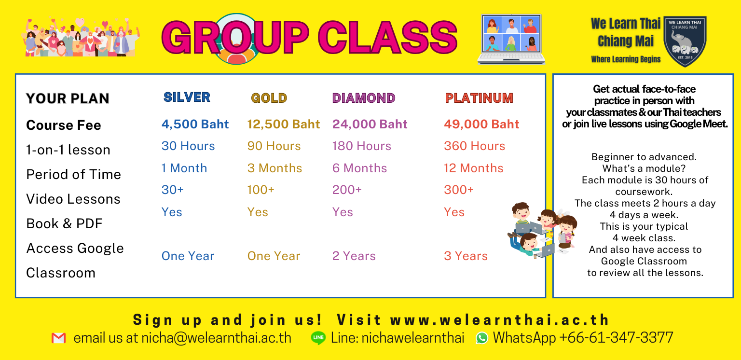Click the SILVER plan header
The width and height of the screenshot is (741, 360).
187,97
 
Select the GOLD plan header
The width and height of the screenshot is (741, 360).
269,98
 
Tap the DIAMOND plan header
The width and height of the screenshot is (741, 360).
364,98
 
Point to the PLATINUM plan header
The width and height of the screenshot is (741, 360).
479,98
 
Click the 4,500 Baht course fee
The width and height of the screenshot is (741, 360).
195,124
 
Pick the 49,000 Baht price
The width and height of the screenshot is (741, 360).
481,124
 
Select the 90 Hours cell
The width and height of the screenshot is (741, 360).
274,146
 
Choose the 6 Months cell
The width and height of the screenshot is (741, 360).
359,168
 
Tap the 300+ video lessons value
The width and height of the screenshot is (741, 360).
459,190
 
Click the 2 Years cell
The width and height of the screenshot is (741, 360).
354,256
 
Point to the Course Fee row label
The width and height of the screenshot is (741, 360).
64,125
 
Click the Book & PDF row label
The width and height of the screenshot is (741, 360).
65,224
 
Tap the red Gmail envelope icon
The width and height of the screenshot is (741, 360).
58,338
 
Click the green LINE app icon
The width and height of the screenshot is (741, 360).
318,338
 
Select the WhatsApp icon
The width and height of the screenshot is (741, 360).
481,338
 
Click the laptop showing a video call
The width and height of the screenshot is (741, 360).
511,39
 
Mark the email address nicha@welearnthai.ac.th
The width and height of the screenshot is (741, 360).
216,338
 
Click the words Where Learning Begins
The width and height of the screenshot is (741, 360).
626,59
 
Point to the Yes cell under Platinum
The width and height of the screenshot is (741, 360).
454,212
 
